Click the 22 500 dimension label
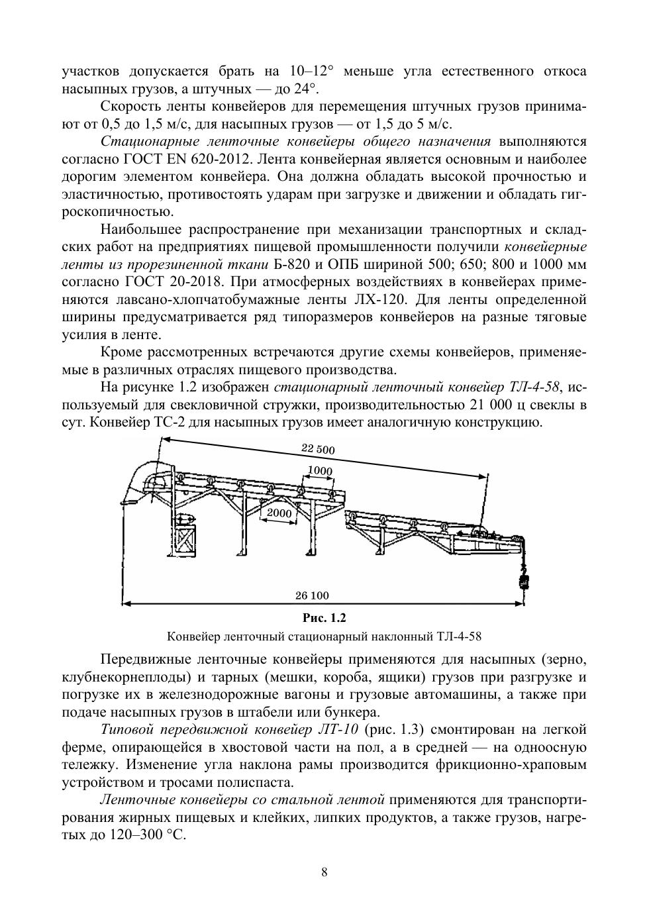[318, 449]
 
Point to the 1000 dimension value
[320, 472]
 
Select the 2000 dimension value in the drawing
[279, 513]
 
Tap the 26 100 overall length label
[311, 595]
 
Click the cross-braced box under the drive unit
[187, 544]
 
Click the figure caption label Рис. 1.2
[324, 618]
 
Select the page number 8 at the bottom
[324, 872]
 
